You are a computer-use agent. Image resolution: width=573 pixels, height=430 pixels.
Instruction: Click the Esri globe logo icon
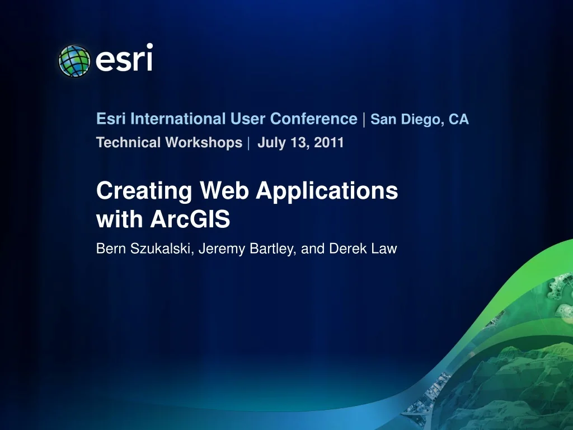tap(74, 60)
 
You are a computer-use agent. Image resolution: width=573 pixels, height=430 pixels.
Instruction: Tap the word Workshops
tap(204, 143)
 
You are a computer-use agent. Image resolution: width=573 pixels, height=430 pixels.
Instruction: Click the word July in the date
tap(271, 143)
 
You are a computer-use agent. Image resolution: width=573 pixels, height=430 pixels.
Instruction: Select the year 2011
tap(328, 143)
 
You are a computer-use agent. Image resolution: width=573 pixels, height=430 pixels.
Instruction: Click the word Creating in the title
tap(144, 191)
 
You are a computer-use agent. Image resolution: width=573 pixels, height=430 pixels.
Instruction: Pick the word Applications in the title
tap(327, 191)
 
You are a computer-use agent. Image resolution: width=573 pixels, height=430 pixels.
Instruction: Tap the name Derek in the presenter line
tap(346, 249)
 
